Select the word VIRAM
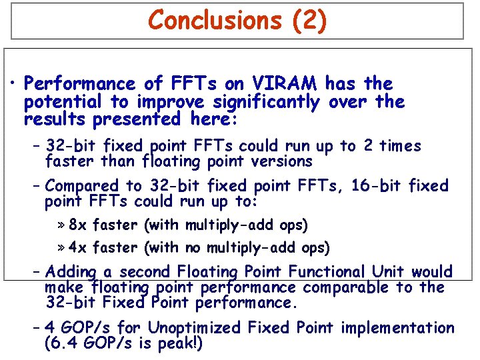coord(285,84)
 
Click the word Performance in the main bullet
coord(79,84)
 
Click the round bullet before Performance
coord(13,85)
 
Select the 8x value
coord(78,225)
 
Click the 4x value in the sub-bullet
coord(78,248)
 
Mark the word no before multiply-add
coord(193,248)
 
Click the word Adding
coord(71,272)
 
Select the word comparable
coord(347,287)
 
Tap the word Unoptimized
coord(195,328)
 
